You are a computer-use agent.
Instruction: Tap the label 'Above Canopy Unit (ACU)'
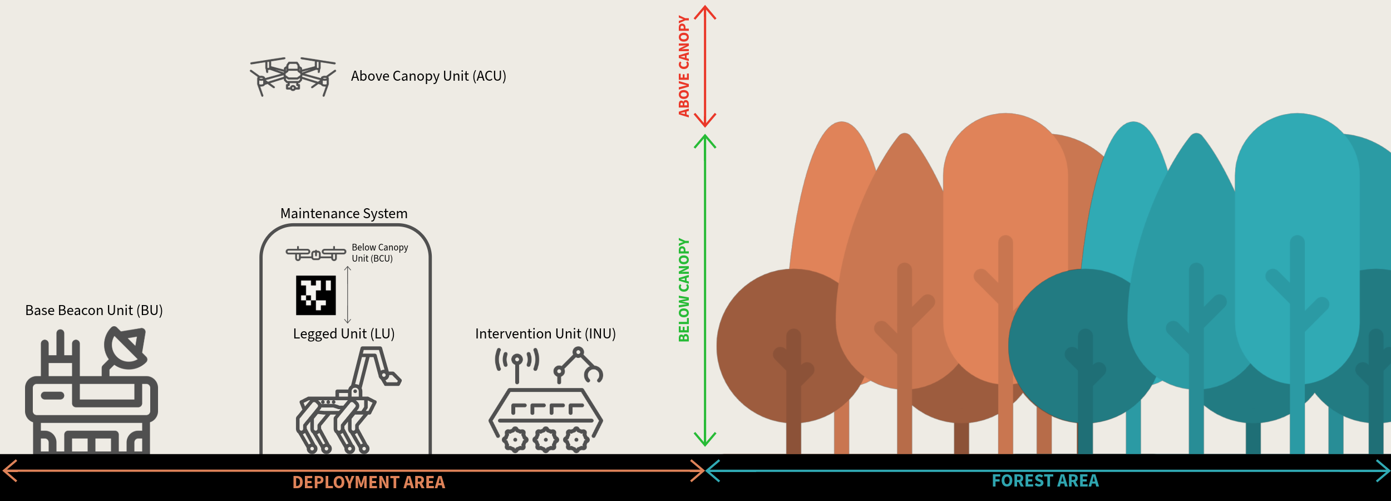(x=428, y=76)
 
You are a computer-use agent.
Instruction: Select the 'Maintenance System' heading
(x=344, y=214)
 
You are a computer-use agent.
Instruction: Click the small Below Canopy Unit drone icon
(x=315, y=254)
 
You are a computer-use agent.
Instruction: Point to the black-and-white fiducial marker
(x=315, y=295)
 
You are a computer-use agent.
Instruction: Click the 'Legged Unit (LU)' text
(x=344, y=334)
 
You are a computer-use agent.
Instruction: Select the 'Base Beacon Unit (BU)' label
(x=94, y=311)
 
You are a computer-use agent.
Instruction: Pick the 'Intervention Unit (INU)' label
(x=545, y=334)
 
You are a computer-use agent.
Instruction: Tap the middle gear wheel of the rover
(x=546, y=440)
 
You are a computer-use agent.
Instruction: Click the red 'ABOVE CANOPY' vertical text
(x=684, y=66)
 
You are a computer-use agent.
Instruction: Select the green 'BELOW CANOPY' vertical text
(x=684, y=290)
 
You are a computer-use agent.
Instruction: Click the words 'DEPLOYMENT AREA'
(x=369, y=483)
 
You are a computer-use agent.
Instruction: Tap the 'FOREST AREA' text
(x=1045, y=481)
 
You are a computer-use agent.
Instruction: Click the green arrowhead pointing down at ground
(x=705, y=440)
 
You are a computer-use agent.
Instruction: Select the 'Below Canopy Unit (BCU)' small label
(x=380, y=253)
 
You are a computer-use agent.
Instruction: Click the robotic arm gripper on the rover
(x=593, y=374)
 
